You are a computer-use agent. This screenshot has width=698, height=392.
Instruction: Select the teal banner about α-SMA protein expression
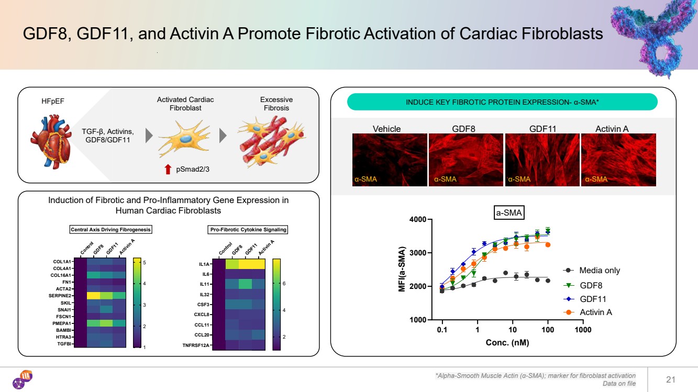[502, 102]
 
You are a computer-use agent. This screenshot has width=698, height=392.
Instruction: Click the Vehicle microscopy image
[389, 160]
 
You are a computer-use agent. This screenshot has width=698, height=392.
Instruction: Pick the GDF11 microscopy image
[542, 160]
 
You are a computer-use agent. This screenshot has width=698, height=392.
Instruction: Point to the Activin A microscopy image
[618, 160]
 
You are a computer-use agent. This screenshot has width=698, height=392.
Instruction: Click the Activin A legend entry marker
[568, 312]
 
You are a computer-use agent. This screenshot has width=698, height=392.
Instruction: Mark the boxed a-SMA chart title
[510, 213]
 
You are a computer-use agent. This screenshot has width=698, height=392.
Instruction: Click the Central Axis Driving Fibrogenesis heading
[110, 229]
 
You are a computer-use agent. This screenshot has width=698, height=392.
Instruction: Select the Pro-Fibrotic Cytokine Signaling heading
[248, 229]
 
